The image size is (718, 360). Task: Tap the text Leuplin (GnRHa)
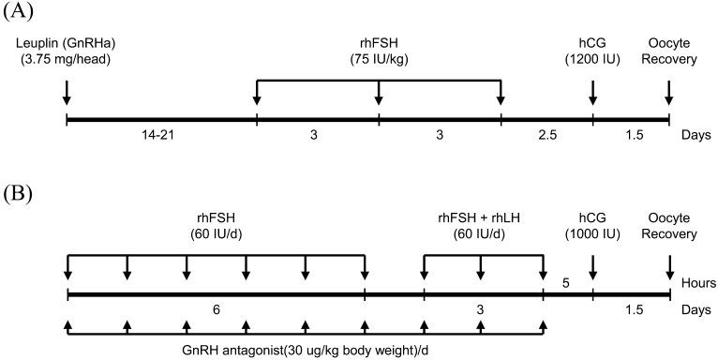[66, 43]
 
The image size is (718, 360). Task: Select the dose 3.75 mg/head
[66, 59]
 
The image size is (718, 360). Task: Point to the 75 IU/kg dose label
[379, 59]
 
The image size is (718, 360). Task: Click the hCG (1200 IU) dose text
[592, 59]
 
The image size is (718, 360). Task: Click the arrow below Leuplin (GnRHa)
[67, 93]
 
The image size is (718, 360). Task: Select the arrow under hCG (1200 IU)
[592, 93]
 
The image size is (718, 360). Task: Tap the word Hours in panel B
[699, 280]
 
